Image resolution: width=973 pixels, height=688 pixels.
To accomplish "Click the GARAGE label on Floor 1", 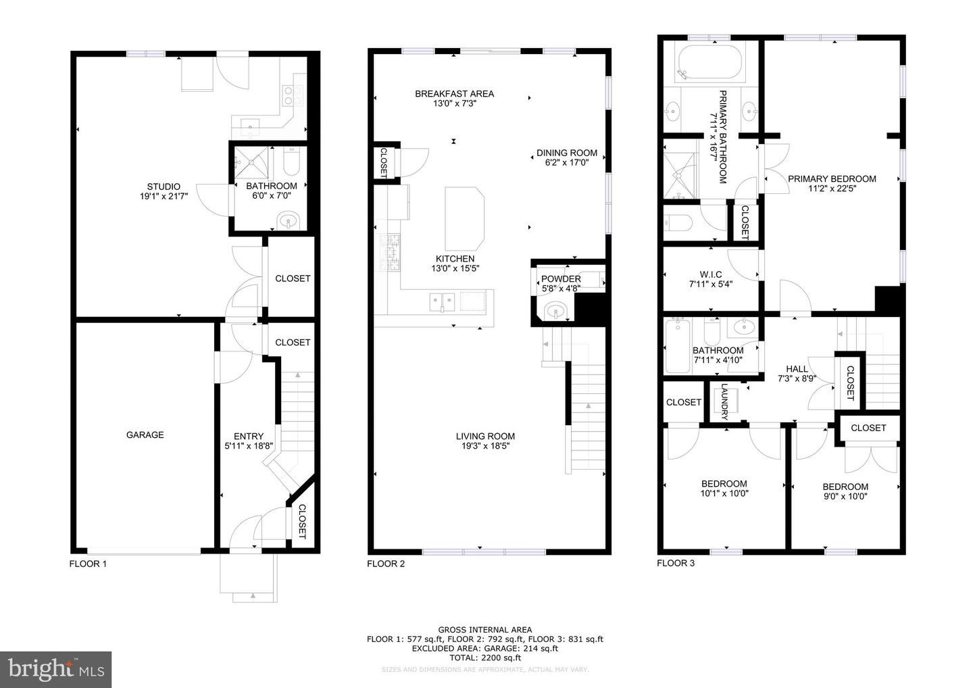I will (x=145, y=435).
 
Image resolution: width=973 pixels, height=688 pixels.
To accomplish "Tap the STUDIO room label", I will (x=164, y=187).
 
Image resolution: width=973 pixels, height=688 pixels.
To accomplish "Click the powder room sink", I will (x=555, y=312).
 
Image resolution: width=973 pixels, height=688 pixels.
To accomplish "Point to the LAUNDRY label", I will (x=724, y=402).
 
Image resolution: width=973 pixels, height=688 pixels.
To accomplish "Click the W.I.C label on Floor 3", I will (x=710, y=274).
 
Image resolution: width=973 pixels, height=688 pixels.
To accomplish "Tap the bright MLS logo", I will (x=56, y=669).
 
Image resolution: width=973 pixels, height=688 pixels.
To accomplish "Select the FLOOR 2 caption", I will (x=386, y=564).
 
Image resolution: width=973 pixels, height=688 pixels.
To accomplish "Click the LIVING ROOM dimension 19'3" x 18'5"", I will (x=485, y=446).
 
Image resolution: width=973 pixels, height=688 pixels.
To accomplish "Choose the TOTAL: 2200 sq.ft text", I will (x=484, y=657).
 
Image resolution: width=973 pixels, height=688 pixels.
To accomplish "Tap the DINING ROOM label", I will (x=566, y=153).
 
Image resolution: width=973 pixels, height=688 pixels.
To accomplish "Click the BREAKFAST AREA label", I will (x=454, y=94).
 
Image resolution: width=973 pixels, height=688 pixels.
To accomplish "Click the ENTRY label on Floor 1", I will (x=249, y=436).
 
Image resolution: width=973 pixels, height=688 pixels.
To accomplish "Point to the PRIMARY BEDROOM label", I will (x=832, y=179).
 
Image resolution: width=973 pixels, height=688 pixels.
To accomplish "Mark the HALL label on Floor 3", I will (x=797, y=369).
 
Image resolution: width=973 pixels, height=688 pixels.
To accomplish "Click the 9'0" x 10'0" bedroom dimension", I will (x=845, y=496).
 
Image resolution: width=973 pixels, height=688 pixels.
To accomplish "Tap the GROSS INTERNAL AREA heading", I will (x=484, y=629).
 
